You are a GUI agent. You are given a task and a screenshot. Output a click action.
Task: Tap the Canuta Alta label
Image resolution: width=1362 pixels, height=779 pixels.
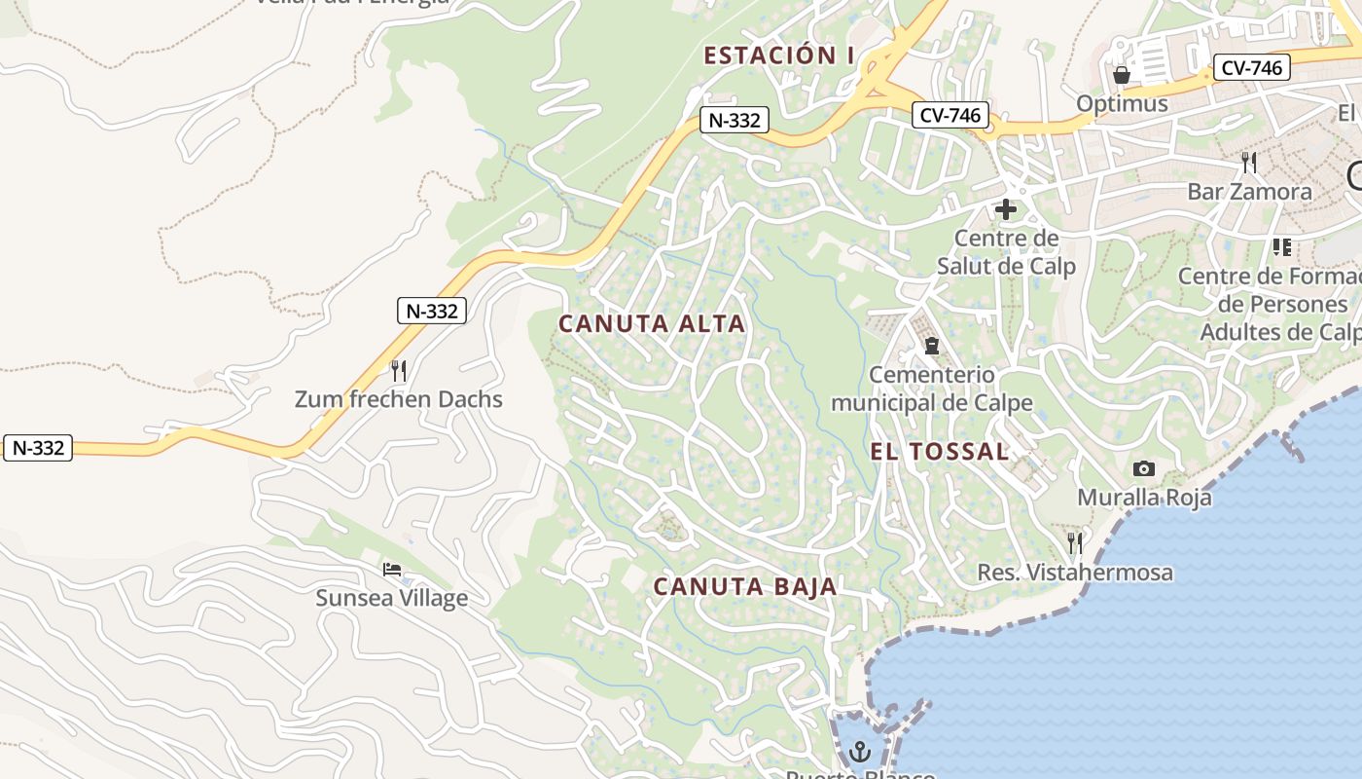point(652,324)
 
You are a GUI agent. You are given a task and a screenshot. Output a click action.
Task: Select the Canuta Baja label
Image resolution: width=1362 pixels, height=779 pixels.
point(745,586)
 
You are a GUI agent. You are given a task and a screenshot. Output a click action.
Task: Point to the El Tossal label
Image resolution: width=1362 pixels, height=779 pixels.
point(940,452)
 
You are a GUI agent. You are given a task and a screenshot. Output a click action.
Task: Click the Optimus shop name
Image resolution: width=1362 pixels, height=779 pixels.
point(1122,103)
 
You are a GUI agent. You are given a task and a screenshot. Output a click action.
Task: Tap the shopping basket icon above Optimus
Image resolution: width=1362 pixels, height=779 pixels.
point(1122,75)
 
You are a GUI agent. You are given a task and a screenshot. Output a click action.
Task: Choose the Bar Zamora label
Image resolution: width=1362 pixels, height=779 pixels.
point(1249,191)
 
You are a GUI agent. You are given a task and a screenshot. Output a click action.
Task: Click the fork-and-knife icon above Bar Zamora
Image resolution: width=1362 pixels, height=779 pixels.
point(1249,162)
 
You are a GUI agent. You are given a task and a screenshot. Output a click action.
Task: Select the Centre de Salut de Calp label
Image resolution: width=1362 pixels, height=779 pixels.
point(1006,252)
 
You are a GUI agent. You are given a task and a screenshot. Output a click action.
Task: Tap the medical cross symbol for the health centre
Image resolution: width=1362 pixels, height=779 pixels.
point(1006,209)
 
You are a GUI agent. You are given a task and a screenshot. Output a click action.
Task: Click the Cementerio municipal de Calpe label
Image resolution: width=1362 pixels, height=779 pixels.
point(932,389)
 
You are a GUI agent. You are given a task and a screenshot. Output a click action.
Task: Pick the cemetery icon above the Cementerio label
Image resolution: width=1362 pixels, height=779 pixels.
point(932,346)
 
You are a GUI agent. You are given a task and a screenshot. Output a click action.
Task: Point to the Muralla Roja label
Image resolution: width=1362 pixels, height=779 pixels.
point(1144,498)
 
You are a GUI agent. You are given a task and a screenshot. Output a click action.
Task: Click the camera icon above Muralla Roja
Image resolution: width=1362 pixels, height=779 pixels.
point(1144,469)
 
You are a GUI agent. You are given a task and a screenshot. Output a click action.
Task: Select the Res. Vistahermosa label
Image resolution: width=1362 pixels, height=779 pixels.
point(1075,572)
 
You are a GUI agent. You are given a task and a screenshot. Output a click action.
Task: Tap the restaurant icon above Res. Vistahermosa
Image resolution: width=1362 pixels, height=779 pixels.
point(1075,542)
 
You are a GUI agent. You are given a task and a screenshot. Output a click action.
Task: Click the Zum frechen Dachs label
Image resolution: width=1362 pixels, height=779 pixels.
point(399,399)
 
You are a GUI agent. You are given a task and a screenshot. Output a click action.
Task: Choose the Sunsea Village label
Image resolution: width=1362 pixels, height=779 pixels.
point(392,598)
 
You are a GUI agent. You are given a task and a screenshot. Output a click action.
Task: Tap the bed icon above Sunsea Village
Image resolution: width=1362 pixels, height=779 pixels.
point(392,570)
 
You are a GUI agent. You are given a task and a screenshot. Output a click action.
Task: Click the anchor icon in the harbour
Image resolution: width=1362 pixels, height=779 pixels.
point(859,751)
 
